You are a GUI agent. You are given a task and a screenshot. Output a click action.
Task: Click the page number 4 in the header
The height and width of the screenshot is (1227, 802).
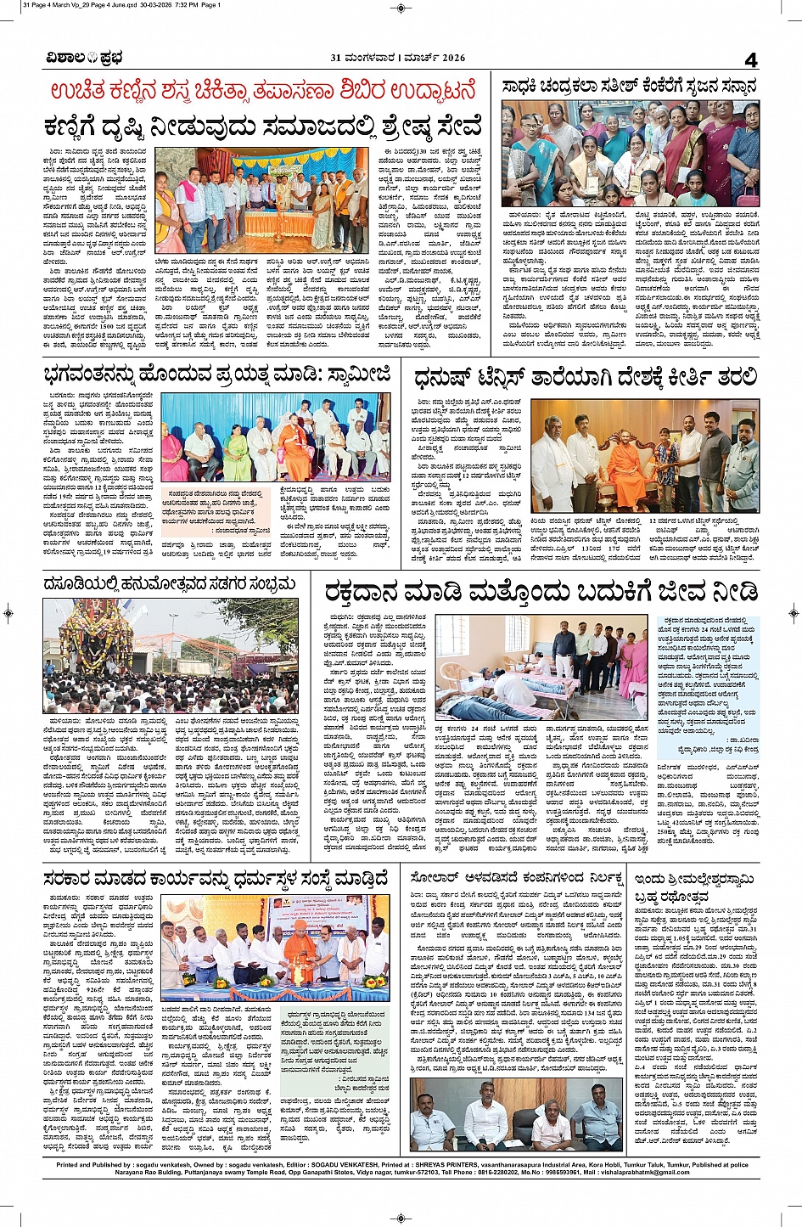pyautogui.click(x=750, y=59)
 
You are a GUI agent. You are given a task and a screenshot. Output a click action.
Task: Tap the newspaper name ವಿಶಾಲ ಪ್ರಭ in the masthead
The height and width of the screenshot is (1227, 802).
pyautogui.click(x=84, y=58)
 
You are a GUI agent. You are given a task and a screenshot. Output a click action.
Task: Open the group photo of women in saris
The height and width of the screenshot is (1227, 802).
pyautogui.click(x=630, y=153)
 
